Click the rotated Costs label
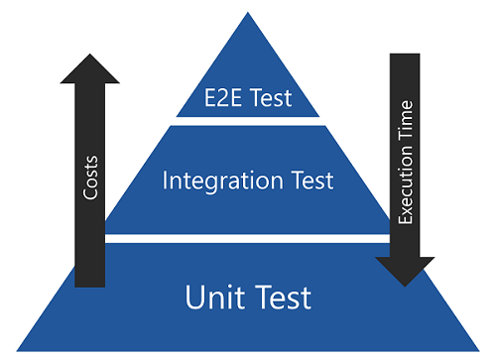(x=89, y=178)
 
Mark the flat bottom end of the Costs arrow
(x=90, y=285)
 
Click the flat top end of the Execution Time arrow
(x=406, y=55)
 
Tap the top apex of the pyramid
(x=248, y=13)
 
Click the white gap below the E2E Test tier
(x=248, y=120)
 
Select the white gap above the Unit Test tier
(x=248, y=239)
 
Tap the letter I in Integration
(x=165, y=181)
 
